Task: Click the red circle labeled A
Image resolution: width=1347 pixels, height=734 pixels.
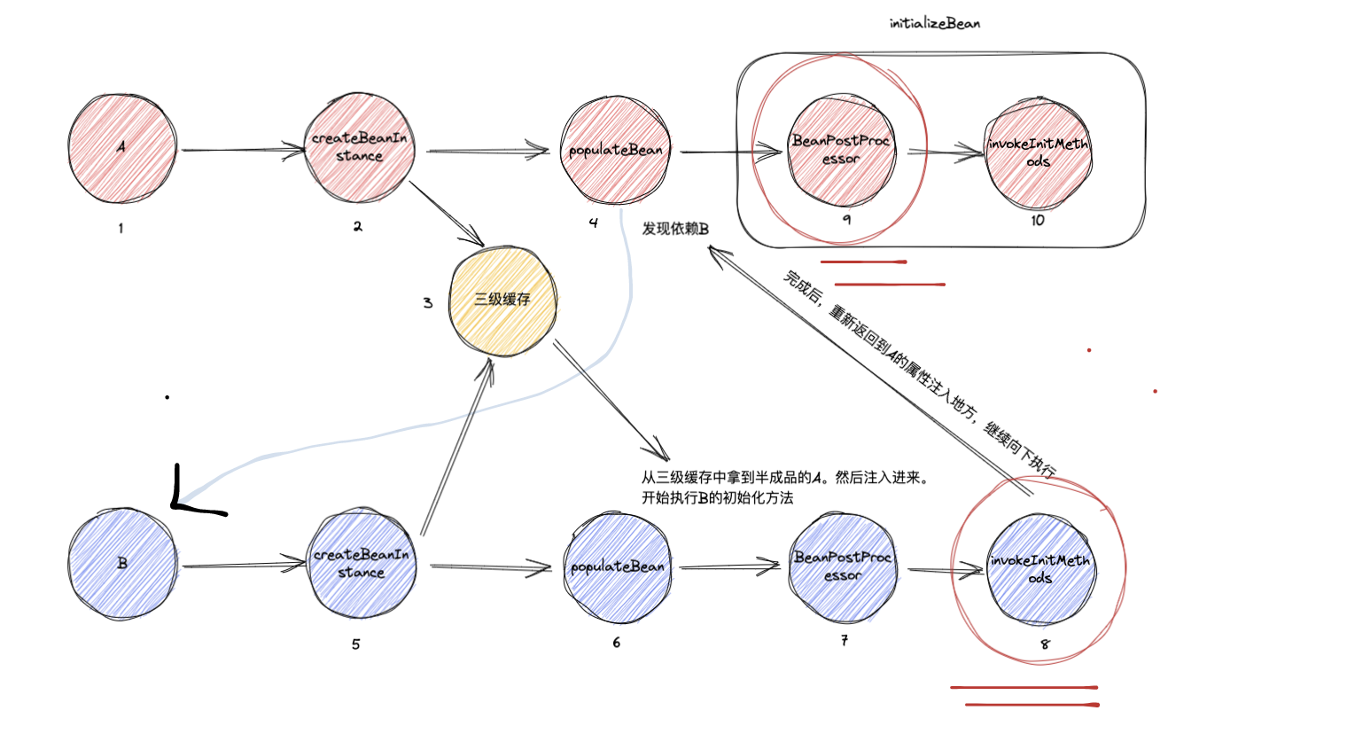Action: (x=121, y=148)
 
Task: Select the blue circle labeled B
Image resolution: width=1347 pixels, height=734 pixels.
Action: (x=122, y=563)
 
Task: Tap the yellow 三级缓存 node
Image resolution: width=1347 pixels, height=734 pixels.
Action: (x=502, y=301)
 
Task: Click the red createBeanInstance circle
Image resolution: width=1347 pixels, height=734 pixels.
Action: (x=359, y=148)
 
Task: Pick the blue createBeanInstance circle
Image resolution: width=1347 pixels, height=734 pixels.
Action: (x=361, y=564)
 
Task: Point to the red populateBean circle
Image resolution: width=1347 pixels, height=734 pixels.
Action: (x=616, y=150)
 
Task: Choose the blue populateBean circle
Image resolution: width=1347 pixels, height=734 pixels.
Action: (x=617, y=566)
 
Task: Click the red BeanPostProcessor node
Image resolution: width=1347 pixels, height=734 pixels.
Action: (x=840, y=150)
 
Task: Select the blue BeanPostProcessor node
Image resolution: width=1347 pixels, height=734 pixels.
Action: (x=842, y=566)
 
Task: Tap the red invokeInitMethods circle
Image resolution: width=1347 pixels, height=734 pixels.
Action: (x=1038, y=152)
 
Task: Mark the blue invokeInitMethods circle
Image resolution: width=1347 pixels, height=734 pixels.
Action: (x=1040, y=568)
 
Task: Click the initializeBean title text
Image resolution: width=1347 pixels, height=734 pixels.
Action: (x=934, y=23)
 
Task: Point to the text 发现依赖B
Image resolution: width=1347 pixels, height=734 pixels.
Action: (x=675, y=229)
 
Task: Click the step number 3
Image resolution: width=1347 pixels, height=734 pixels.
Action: (x=428, y=303)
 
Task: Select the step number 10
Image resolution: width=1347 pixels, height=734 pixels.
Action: (x=1038, y=221)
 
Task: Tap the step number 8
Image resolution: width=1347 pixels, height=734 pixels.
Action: (x=1045, y=644)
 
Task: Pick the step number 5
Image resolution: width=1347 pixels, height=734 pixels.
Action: (x=356, y=644)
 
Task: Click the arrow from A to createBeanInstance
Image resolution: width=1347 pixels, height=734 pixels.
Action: (x=241, y=150)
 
